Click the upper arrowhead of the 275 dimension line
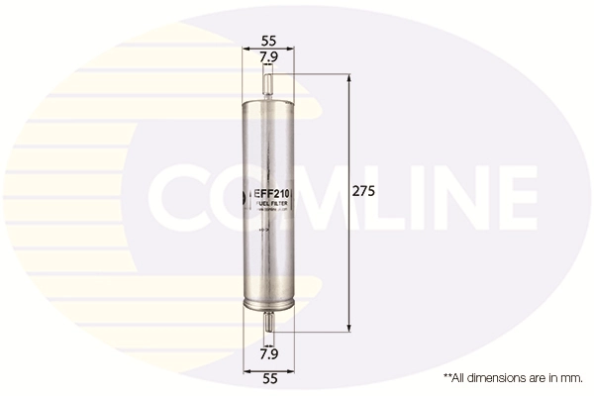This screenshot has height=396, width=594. click(x=348, y=79)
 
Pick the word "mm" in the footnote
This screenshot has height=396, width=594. click(x=571, y=377)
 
